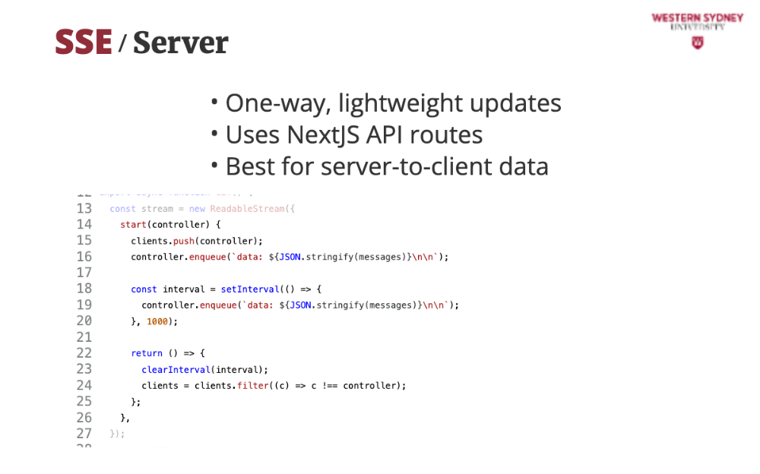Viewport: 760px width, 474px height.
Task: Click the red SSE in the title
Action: (x=84, y=43)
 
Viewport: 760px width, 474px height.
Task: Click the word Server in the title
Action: (x=180, y=43)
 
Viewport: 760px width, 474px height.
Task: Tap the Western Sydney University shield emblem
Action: (x=698, y=43)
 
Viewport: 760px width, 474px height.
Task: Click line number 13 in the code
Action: (x=84, y=209)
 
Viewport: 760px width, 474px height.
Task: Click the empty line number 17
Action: (x=84, y=273)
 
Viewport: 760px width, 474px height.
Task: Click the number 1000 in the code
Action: (x=157, y=321)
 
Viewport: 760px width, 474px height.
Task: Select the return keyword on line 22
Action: (x=147, y=353)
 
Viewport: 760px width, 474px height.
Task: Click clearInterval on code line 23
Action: (x=176, y=370)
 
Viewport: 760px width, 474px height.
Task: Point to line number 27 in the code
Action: (x=84, y=434)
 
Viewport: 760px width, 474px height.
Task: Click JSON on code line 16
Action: (x=290, y=257)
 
